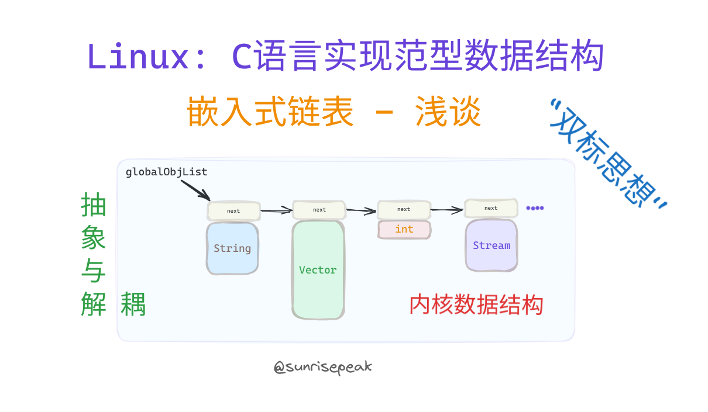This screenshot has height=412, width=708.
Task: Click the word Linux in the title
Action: (138, 57)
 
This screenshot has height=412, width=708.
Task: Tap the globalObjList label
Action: (166, 172)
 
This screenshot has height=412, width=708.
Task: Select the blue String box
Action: (232, 248)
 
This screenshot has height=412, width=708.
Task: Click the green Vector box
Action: (318, 270)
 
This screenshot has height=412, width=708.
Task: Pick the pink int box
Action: (404, 229)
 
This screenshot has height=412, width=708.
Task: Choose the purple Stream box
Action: (492, 245)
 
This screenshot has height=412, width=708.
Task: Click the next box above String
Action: (233, 211)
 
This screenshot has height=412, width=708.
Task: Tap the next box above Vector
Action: (319, 210)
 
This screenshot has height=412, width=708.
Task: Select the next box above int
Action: (404, 209)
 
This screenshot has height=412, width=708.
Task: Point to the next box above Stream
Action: (491, 208)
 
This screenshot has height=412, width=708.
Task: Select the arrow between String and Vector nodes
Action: (276, 210)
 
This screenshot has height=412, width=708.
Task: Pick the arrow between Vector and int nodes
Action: (361, 209)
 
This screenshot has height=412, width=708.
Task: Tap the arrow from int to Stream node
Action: (448, 209)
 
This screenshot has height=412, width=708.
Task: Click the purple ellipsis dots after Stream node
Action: (535, 208)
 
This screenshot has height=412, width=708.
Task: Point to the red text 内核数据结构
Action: (476, 305)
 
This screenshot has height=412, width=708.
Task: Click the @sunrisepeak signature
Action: (323, 367)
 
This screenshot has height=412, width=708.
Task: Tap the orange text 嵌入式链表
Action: (270, 112)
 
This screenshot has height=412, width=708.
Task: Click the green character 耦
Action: (133, 304)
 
